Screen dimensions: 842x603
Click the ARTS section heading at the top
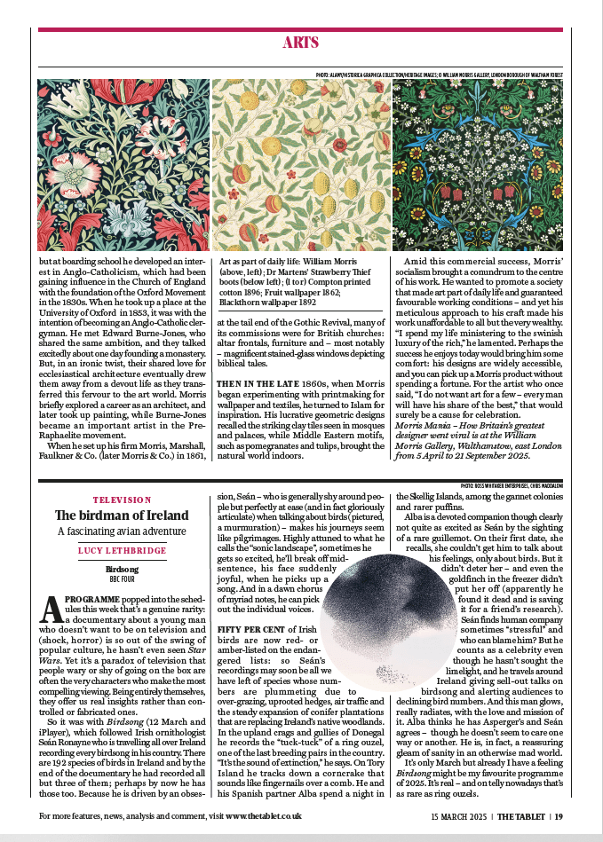click(301, 43)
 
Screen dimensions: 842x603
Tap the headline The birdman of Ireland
click(122, 515)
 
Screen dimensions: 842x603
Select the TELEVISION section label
click(122, 500)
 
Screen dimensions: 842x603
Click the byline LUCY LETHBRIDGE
click(122, 551)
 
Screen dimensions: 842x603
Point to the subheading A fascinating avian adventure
click(122, 531)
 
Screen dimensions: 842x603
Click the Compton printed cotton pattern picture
click(123, 166)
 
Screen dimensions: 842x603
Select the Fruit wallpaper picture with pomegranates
click(301, 166)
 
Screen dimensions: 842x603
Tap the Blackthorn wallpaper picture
click(478, 166)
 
